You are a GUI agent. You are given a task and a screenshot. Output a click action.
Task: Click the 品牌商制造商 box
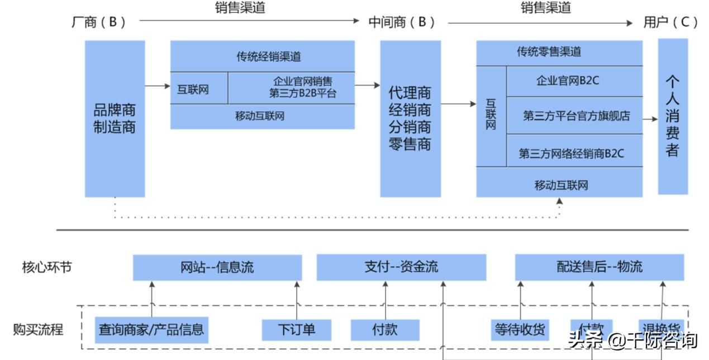115,119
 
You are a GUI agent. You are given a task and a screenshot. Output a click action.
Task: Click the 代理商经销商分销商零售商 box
410,119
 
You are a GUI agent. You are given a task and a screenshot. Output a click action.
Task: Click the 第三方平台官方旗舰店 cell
575,116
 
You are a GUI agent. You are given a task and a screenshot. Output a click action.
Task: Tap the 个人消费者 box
672,116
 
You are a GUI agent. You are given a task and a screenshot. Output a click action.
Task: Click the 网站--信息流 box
217,267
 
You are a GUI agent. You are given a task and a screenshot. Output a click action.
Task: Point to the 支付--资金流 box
401,267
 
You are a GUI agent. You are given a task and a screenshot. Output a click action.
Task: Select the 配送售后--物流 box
599,267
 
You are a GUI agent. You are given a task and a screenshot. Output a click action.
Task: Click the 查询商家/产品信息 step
151,330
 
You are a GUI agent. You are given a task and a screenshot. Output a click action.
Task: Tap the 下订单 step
296,329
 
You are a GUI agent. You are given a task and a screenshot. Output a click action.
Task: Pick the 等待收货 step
520,329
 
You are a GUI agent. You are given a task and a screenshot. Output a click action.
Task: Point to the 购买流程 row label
39,329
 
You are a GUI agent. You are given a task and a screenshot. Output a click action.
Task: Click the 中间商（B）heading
401,22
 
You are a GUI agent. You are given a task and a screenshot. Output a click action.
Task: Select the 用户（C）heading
670,22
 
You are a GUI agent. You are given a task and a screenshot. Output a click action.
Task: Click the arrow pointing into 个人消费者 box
650,119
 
